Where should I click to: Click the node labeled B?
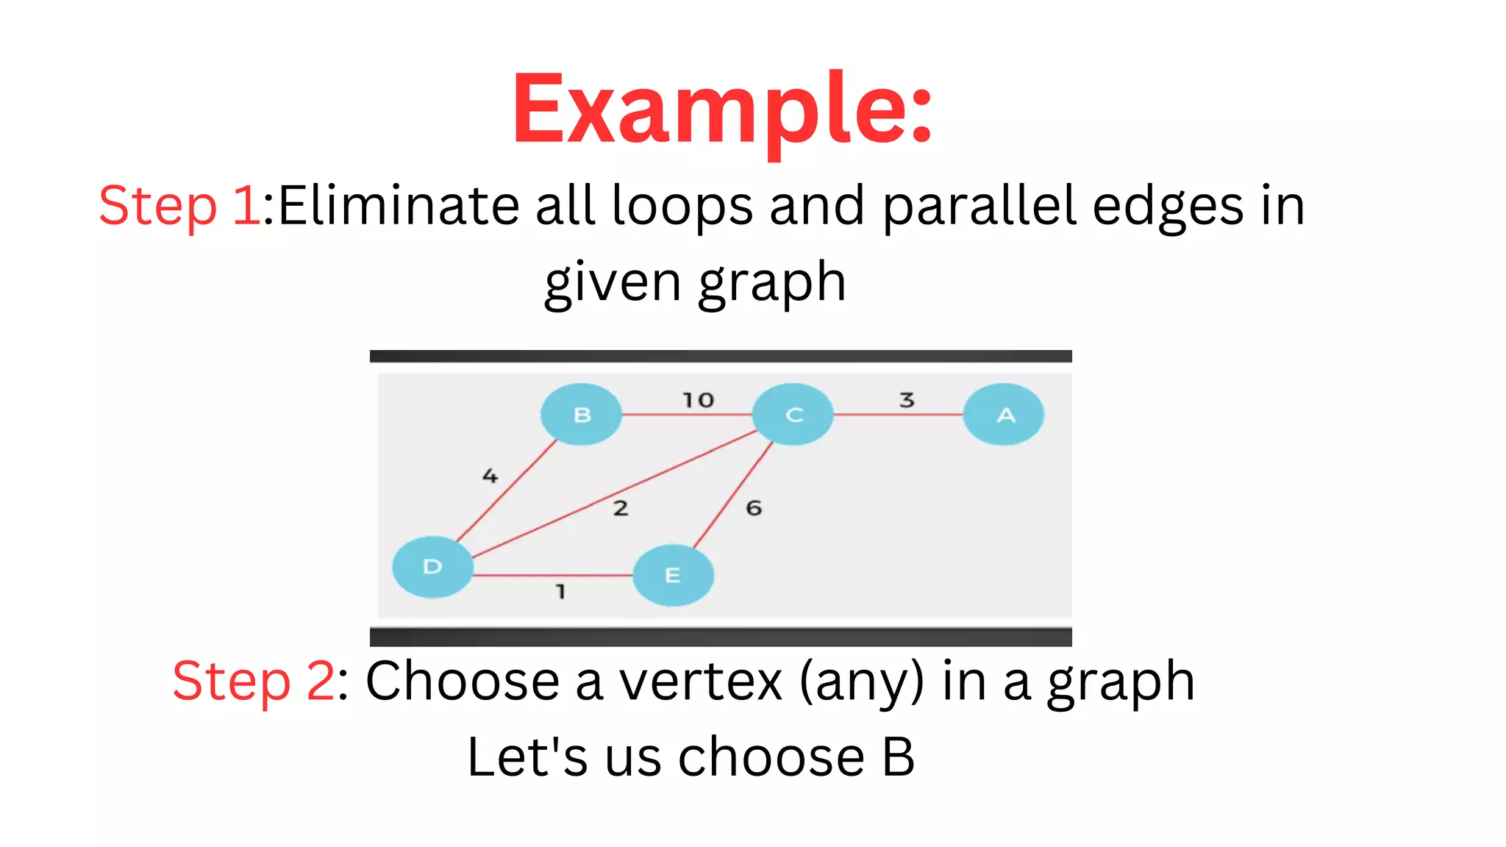click(581, 415)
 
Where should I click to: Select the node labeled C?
click(793, 415)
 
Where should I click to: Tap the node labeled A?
click(1004, 415)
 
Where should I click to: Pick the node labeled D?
click(432, 566)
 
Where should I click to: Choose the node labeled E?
click(672, 575)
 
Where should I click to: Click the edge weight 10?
click(698, 400)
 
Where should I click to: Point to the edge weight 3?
click(907, 400)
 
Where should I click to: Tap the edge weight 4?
click(490, 476)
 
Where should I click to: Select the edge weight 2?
click(621, 508)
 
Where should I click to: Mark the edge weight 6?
click(754, 508)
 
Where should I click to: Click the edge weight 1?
click(560, 591)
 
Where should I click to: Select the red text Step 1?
click(179, 205)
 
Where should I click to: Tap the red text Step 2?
click(254, 681)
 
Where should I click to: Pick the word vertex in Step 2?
click(701, 681)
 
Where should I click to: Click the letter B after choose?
click(898, 757)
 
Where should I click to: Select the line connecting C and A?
click(897, 415)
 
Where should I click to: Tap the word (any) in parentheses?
click(861, 681)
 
